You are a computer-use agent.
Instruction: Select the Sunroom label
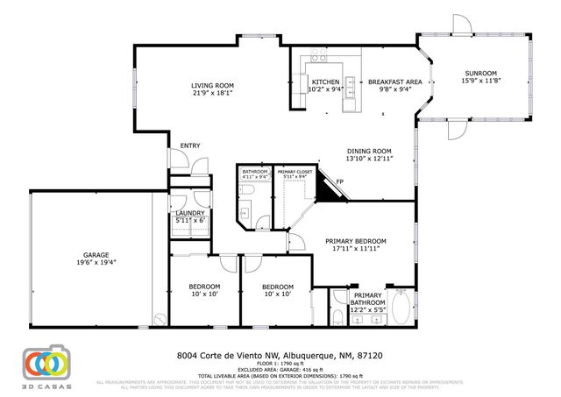(480, 73)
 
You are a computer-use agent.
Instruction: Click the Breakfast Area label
(394, 82)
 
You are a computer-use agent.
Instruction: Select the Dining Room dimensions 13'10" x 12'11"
(371, 159)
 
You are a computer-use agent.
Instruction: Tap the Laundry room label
(190, 213)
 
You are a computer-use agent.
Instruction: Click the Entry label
(189, 145)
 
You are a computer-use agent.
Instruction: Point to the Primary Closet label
(293, 172)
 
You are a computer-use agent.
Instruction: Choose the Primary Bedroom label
(356, 241)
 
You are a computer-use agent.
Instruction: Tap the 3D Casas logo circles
(46, 362)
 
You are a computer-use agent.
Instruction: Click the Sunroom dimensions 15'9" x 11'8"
(480, 81)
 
